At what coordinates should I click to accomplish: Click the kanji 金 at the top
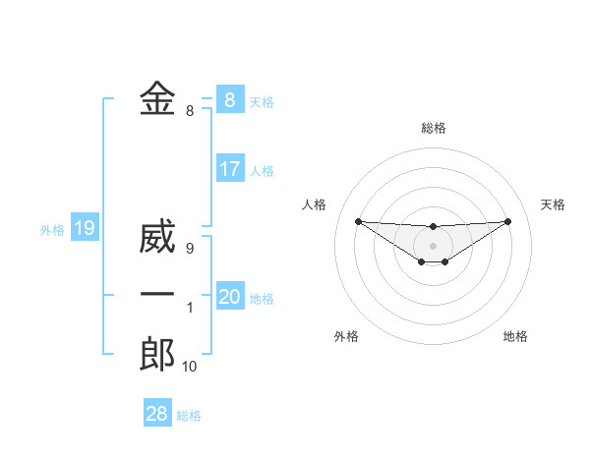[x=157, y=99]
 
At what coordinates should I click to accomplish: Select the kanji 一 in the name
[x=157, y=295]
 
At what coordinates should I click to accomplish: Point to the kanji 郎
[x=157, y=354]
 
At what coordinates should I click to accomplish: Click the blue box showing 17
[x=230, y=169]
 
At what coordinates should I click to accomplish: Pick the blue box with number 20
[x=230, y=297]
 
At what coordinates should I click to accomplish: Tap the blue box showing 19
[x=85, y=229]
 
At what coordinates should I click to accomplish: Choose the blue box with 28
[x=157, y=414]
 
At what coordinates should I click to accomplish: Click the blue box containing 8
[x=230, y=99]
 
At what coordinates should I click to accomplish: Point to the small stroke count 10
[x=189, y=367]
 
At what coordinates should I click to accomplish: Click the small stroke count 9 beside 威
[x=190, y=249]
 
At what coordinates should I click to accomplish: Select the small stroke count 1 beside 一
[x=190, y=308]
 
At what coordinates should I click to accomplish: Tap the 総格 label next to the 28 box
[x=189, y=416]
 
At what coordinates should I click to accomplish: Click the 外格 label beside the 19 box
[x=52, y=230]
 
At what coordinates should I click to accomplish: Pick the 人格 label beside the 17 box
[x=262, y=171]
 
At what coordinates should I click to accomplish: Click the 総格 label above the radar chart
[x=433, y=128]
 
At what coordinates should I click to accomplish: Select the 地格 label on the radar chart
[x=515, y=336]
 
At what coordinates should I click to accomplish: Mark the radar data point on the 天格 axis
[x=508, y=220]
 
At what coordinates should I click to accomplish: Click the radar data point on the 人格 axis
[x=358, y=221]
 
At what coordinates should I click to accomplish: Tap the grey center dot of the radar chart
[x=433, y=245]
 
